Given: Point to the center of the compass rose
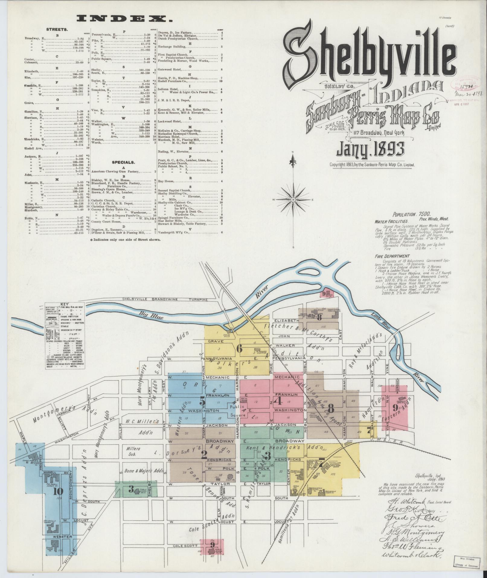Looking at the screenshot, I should [x=293, y=200].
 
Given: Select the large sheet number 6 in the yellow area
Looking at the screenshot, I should [x=239, y=348].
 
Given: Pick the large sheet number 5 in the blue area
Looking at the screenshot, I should [x=203, y=402].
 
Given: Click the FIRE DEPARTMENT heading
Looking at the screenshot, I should [x=388, y=256].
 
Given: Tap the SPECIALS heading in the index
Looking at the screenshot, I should [x=124, y=162].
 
